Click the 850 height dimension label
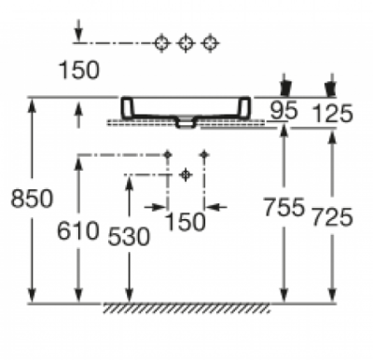[32, 199]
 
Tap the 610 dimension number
[78, 231]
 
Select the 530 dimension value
[129, 237]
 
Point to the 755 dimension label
[283, 207]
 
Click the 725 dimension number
[332, 217]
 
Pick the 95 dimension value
[283, 110]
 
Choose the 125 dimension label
[332, 113]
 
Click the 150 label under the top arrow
[79, 70]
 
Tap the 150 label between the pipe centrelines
[186, 222]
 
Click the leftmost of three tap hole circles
[162, 43]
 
